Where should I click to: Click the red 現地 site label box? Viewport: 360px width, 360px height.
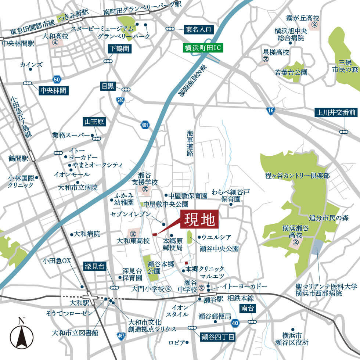coord(199,220)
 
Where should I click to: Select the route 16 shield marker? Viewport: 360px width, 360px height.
coord(271,111)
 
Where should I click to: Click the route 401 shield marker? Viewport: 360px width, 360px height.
coord(145,126)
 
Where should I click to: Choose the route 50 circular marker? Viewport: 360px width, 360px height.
coord(56,79)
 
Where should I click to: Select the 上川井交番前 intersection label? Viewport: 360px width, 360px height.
coord(336,113)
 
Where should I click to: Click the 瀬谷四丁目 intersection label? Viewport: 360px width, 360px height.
coord(218,337)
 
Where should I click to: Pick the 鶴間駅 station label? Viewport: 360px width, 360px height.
coord(19,158)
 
